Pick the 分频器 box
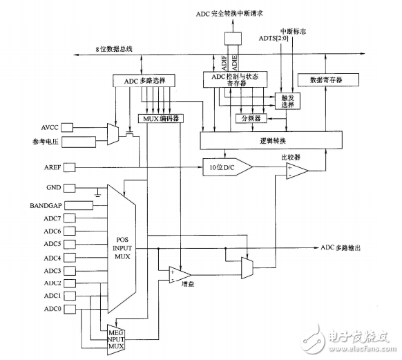pyautogui.click(x=253, y=119)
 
